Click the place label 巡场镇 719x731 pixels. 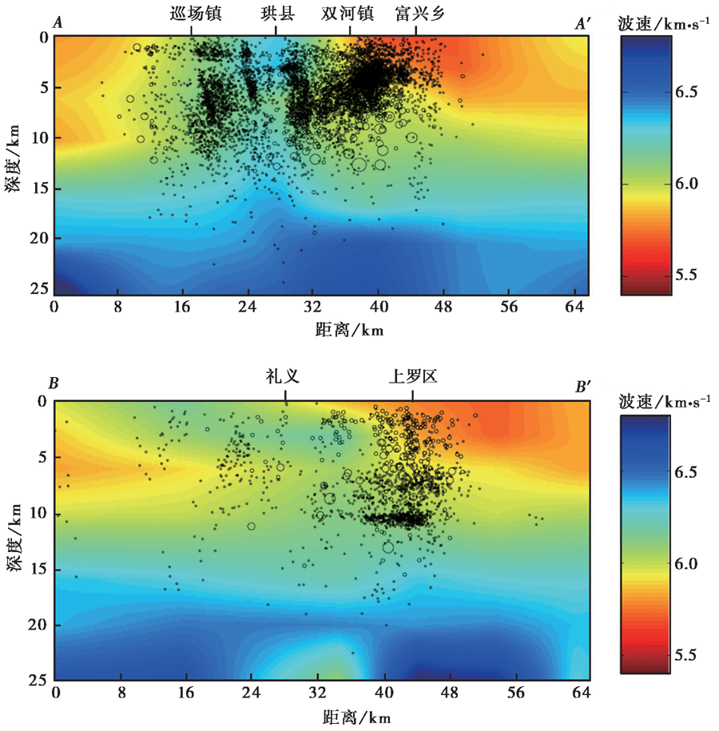196,14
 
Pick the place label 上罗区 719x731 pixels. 412,375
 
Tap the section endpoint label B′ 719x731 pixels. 583,387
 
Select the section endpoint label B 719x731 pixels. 54,384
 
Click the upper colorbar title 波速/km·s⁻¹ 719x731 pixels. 664,24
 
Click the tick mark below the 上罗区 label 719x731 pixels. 412,395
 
